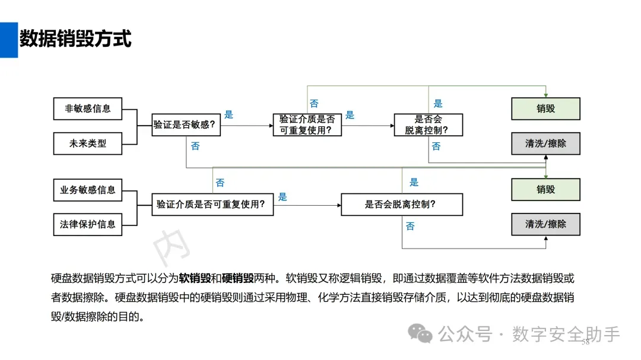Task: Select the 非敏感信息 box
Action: (x=88, y=109)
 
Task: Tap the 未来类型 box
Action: (x=88, y=143)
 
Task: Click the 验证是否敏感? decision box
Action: (x=184, y=125)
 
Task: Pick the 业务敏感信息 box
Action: (x=88, y=190)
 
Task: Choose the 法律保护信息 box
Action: (x=88, y=224)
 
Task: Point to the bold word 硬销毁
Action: (x=238, y=278)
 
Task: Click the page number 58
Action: (x=585, y=342)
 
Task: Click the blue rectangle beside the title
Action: (x=8, y=40)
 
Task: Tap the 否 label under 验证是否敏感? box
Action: (x=195, y=145)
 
